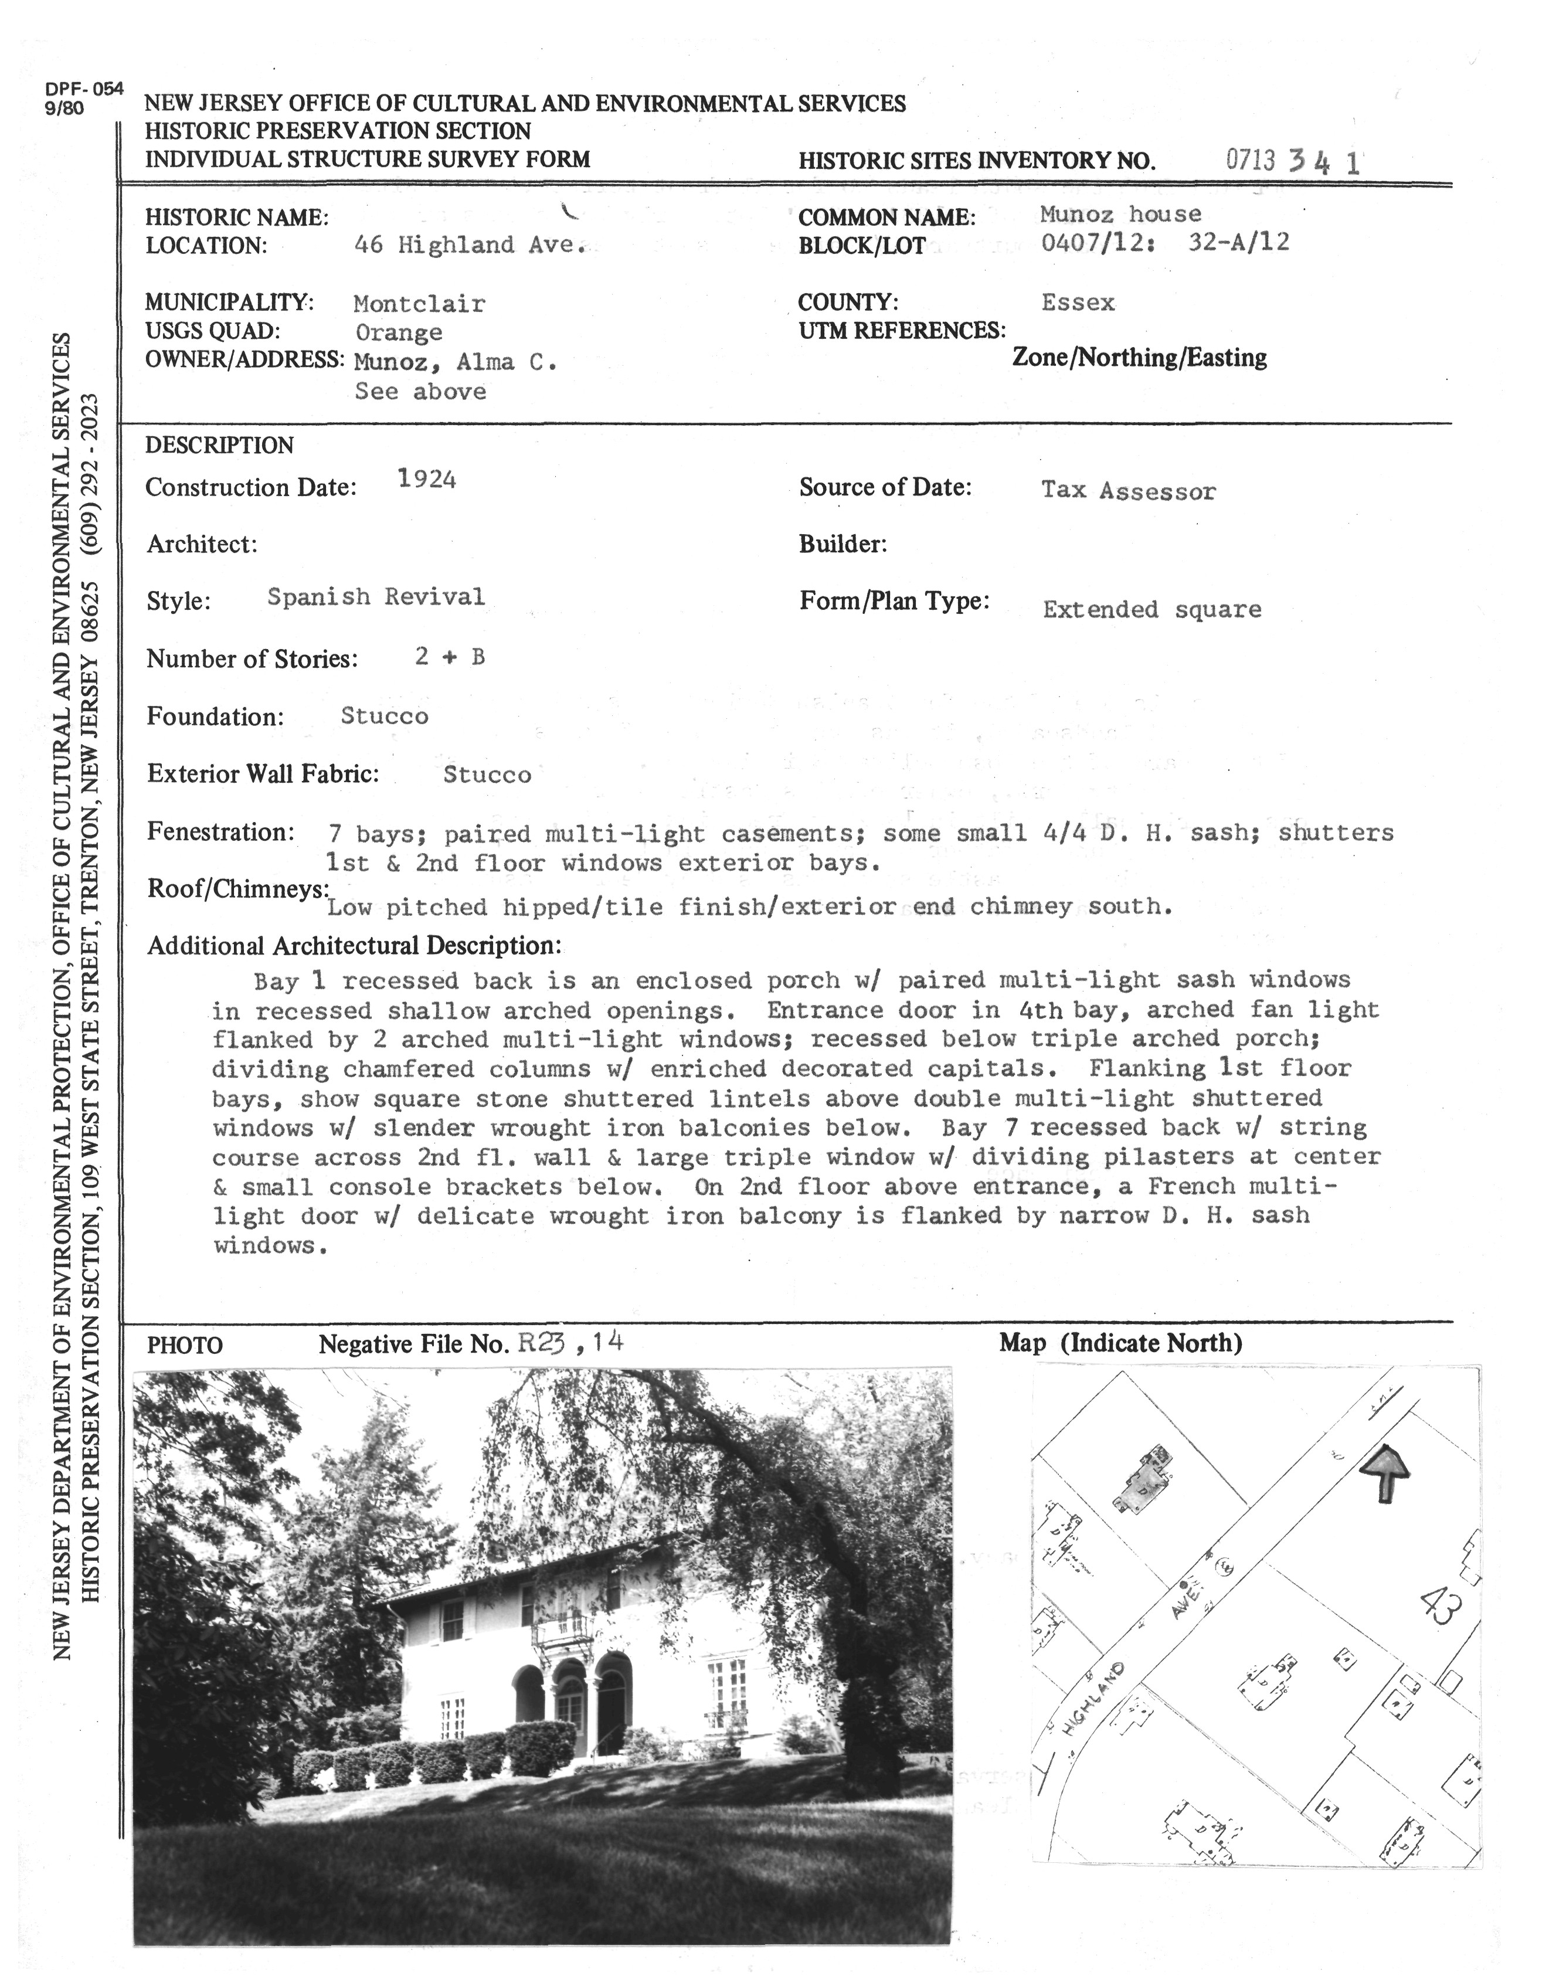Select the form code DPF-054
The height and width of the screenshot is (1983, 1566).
(83, 89)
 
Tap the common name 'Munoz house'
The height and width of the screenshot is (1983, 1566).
(1120, 215)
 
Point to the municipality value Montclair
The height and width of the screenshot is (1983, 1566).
(420, 304)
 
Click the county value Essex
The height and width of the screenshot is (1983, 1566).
(1078, 303)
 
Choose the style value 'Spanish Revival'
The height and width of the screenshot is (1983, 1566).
(376, 597)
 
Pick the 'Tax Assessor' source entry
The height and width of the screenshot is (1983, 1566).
(1129, 491)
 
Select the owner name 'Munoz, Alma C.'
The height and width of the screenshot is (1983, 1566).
(456, 362)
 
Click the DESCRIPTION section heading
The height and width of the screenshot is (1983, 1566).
(220, 446)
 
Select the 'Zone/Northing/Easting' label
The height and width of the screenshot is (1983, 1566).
(1140, 358)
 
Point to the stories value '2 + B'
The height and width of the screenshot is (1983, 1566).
(449, 657)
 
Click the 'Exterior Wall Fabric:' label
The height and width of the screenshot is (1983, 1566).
(263, 774)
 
